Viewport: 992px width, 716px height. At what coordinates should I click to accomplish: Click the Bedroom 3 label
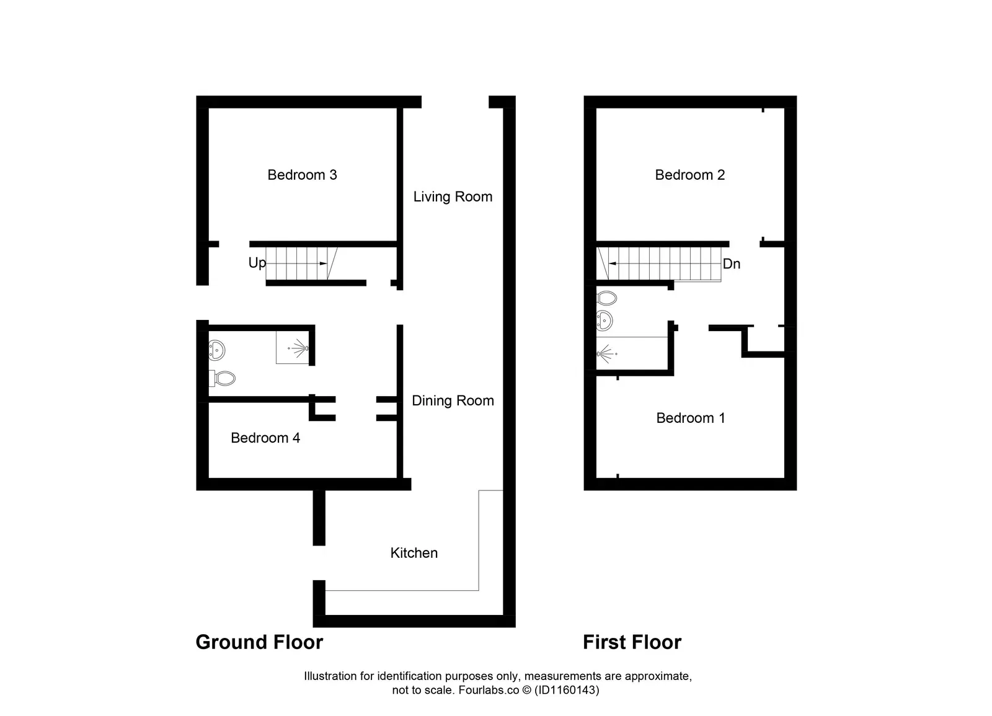tap(302, 175)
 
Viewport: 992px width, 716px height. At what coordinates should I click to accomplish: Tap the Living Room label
tap(453, 197)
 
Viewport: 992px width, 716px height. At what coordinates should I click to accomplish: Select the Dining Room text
tap(453, 400)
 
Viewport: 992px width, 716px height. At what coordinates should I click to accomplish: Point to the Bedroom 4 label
tap(265, 438)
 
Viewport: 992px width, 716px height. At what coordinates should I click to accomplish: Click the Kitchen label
tap(414, 553)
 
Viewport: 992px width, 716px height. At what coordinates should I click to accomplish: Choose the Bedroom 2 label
tap(689, 175)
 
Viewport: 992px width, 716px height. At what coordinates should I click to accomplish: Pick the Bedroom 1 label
tap(690, 418)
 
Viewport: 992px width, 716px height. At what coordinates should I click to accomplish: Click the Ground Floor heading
tap(259, 642)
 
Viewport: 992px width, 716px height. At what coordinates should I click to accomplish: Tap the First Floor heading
tap(632, 642)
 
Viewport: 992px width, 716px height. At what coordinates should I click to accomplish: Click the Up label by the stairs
tap(257, 263)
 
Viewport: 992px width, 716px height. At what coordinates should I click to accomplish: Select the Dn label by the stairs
tap(732, 264)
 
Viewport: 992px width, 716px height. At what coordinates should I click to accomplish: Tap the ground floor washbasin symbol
tap(216, 350)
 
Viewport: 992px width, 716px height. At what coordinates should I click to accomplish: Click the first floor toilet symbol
tap(607, 299)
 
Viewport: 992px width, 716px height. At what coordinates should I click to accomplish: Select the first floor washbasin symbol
tap(604, 320)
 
